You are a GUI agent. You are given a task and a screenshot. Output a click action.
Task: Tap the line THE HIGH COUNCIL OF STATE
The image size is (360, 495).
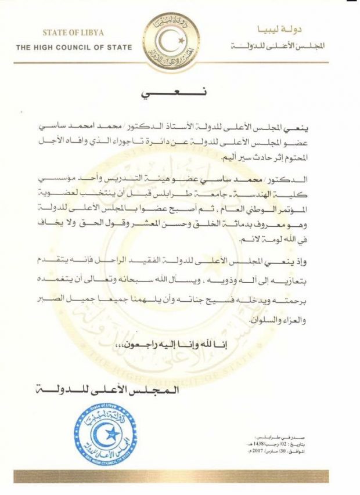click(74, 47)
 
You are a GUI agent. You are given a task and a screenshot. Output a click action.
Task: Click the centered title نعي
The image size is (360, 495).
click(179, 94)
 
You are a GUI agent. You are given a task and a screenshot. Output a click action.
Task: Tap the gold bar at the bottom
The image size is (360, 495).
click(179, 476)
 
